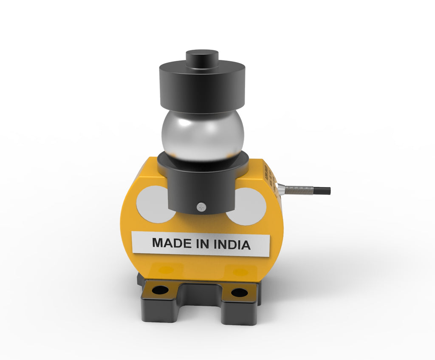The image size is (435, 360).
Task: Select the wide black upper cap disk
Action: click(x=202, y=87)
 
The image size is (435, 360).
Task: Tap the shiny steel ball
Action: click(x=203, y=136)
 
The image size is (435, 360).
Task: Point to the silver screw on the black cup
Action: click(x=201, y=207)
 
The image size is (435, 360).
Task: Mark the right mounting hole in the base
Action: click(x=239, y=292)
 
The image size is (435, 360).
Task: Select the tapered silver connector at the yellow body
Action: click(x=281, y=188)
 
